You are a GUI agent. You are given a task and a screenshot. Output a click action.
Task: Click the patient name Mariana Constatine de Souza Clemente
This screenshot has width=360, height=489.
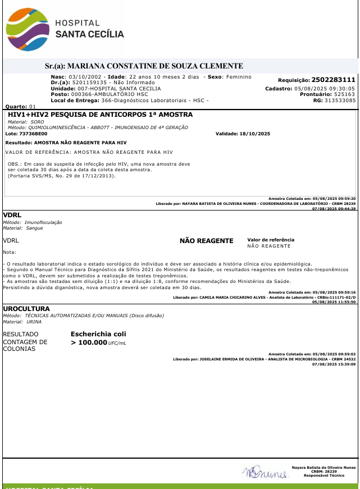pyautogui.click(x=154, y=66)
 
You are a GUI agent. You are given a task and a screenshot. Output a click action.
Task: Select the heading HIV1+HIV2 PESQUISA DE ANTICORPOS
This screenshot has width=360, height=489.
pyautogui.click(x=100, y=115)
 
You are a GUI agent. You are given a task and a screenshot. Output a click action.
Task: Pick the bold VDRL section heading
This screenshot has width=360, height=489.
pyautogui.click(x=12, y=215)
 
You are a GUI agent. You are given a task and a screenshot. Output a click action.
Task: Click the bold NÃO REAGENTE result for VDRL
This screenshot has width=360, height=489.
pyautogui.click(x=206, y=241)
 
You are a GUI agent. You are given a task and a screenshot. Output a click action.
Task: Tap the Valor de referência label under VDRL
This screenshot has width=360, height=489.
pyautogui.click(x=270, y=240)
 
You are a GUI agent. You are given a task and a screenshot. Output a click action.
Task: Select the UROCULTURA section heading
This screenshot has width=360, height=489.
pyautogui.click(x=26, y=309)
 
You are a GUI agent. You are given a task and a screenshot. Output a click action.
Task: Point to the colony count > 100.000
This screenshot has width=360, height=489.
pyautogui.click(x=89, y=342)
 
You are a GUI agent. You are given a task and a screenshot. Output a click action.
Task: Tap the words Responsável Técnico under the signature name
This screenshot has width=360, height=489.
pyautogui.click(x=323, y=476)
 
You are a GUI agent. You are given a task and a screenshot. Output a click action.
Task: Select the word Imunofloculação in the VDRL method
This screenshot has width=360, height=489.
pyautogui.click(x=43, y=222)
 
